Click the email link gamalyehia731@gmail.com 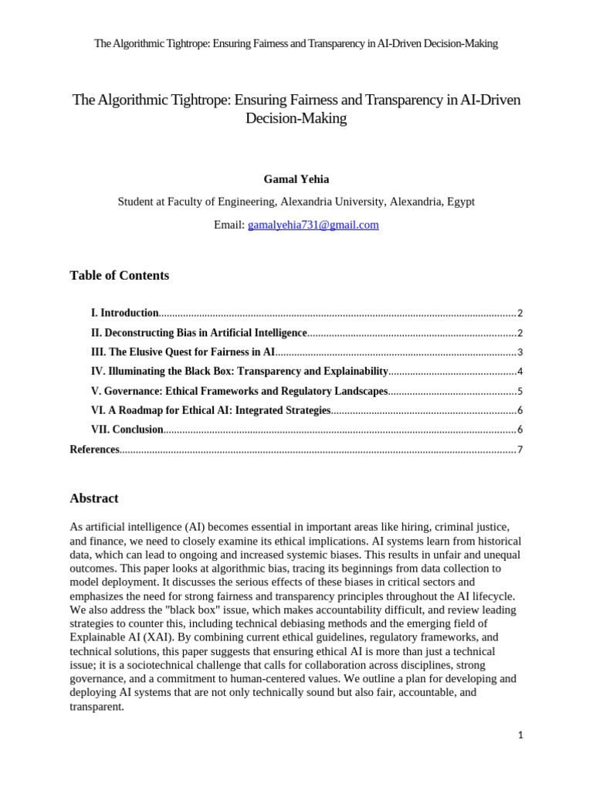[313, 225]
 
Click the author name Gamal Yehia [296, 179]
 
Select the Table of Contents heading [119, 276]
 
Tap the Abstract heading [94, 498]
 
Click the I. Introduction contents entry [125, 313]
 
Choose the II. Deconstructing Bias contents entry [198, 332]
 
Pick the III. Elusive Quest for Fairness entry [183, 351]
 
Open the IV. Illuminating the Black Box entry [239, 371]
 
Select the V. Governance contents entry [239, 391]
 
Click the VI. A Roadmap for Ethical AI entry [211, 410]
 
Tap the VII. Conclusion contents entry [127, 429]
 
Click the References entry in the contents [95, 450]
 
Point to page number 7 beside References [520, 450]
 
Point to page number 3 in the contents [520, 352]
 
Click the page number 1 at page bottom [520, 735]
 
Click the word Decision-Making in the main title [296, 119]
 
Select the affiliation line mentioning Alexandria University [296, 202]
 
